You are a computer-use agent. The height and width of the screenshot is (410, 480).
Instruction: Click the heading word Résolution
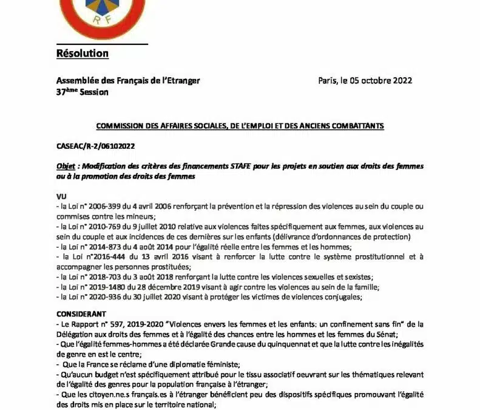click(x=82, y=53)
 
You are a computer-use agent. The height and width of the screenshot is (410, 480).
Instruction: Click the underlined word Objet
click(x=66, y=166)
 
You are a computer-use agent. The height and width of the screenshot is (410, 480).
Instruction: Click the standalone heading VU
click(x=61, y=197)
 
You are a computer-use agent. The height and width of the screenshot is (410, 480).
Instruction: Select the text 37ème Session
click(x=82, y=92)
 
